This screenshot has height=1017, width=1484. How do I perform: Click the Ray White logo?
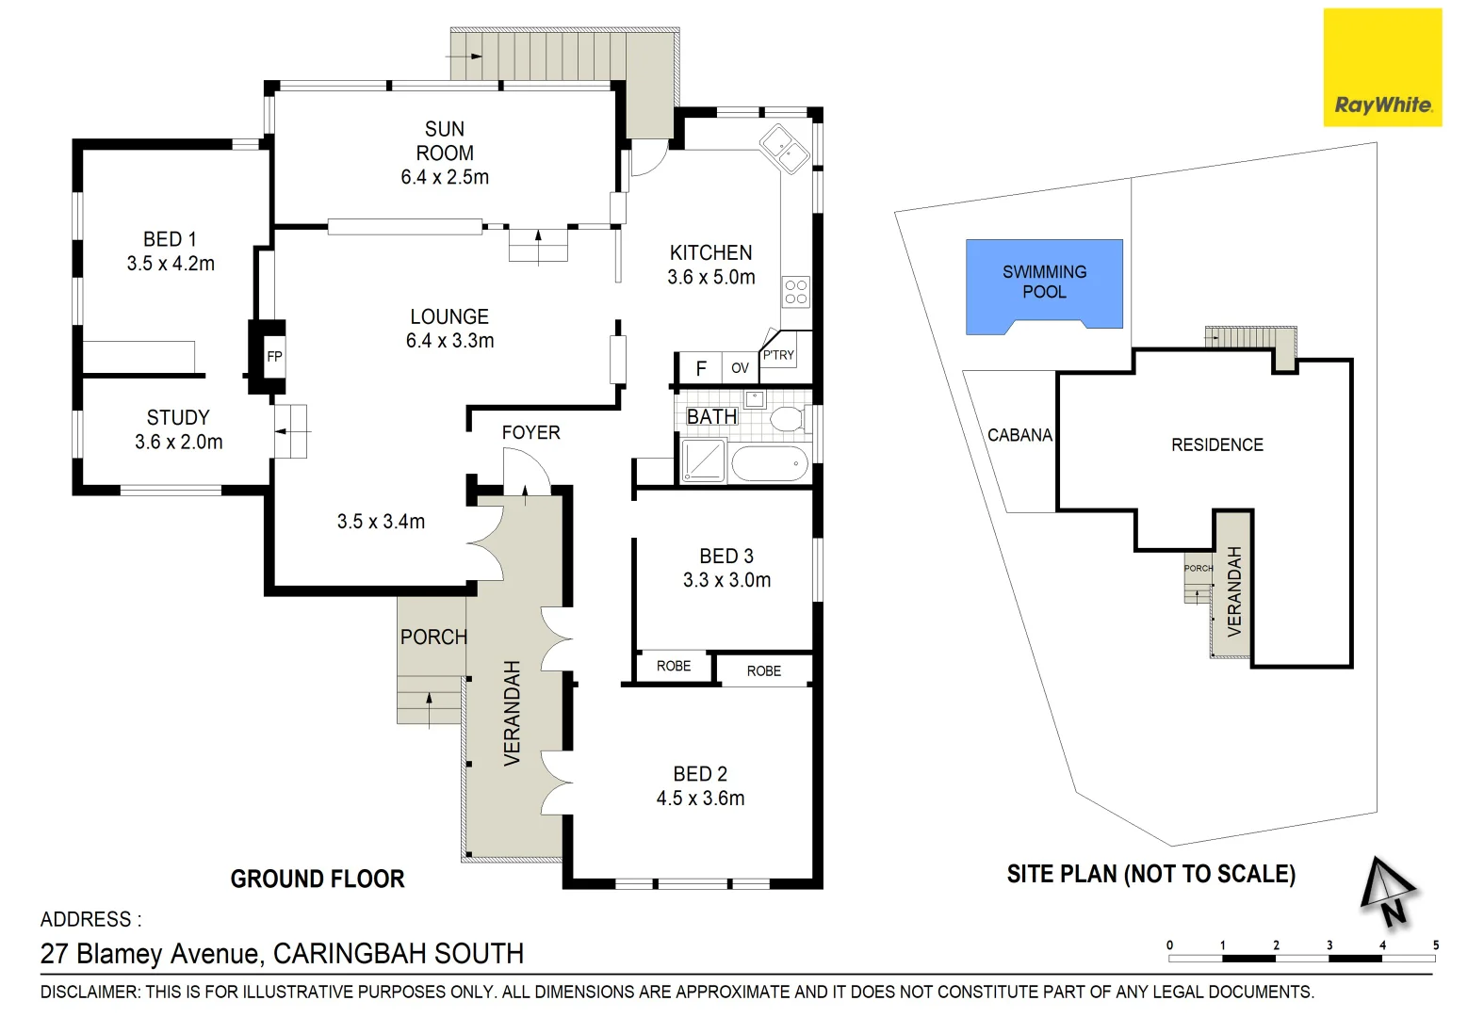[x=1382, y=68]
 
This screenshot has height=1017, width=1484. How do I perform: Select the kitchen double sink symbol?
[x=785, y=149]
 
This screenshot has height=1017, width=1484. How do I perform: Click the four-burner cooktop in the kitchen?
[x=795, y=291]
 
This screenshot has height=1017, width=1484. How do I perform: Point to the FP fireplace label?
[x=274, y=357]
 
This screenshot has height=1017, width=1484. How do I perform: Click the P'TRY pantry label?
[x=778, y=355]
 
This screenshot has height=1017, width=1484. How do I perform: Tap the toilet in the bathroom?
[x=788, y=419]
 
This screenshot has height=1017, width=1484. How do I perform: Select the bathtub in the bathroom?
[x=770, y=463]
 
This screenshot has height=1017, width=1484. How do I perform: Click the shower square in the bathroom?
[x=703, y=461]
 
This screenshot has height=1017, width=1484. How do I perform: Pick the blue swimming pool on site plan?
[x=1044, y=282]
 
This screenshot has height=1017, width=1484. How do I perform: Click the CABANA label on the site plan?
[x=1019, y=435]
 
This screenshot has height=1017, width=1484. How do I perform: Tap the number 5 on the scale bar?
[x=1435, y=944]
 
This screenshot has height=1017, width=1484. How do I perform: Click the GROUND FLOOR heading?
[x=318, y=879]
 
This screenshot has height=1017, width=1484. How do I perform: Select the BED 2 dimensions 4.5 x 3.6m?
[x=700, y=799]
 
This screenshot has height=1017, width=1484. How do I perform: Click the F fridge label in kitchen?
[x=701, y=368]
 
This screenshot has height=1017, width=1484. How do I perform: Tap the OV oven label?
[x=740, y=368]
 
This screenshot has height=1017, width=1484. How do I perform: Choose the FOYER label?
[x=530, y=432]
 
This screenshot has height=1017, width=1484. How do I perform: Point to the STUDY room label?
[x=178, y=417]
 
